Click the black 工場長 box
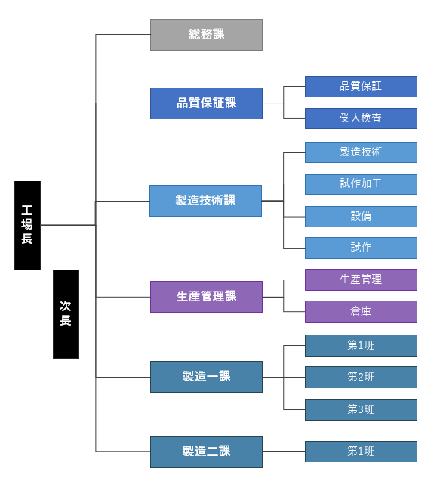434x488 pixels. click(x=27, y=225)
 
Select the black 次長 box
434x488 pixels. click(x=66, y=314)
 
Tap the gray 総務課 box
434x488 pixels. click(x=206, y=35)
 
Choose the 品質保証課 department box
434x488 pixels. click(x=206, y=103)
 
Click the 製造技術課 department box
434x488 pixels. click(x=206, y=201)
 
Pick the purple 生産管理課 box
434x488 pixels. click(x=206, y=297)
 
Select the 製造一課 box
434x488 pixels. click(x=206, y=377)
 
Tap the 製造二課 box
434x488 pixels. click(x=206, y=452)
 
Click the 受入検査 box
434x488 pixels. click(x=361, y=119)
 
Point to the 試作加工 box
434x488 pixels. click(x=361, y=184)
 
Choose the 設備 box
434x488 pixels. click(x=361, y=216)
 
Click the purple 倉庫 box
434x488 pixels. click(x=361, y=311)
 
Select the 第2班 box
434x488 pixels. click(x=361, y=377)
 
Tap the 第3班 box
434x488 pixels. click(x=361, y=409)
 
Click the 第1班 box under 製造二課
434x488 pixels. click(x=361, y=451)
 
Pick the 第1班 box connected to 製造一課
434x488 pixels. click(x=361, y=345)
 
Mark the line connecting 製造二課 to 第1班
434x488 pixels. click(x=284, y=451)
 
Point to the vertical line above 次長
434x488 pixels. click(x=66, y=248)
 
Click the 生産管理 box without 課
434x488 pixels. click(x=361, y=280)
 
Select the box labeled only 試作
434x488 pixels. click(x=361, y=248)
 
